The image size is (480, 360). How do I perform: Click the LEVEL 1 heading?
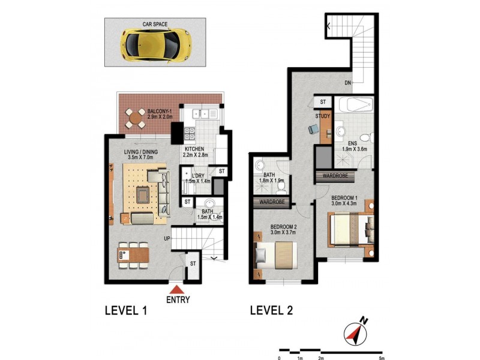pyautogui.click(x=126, y=310)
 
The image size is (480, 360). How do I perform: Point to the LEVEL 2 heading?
pyautogui.click(x=271, y=310)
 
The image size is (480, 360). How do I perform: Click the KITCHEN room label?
pyautogui.click(x=195, y=149)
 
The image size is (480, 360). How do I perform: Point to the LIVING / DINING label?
pyautogui.click(x=141, y=152)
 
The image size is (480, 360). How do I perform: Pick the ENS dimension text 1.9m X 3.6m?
pyautogui.click(x=354, y=149)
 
